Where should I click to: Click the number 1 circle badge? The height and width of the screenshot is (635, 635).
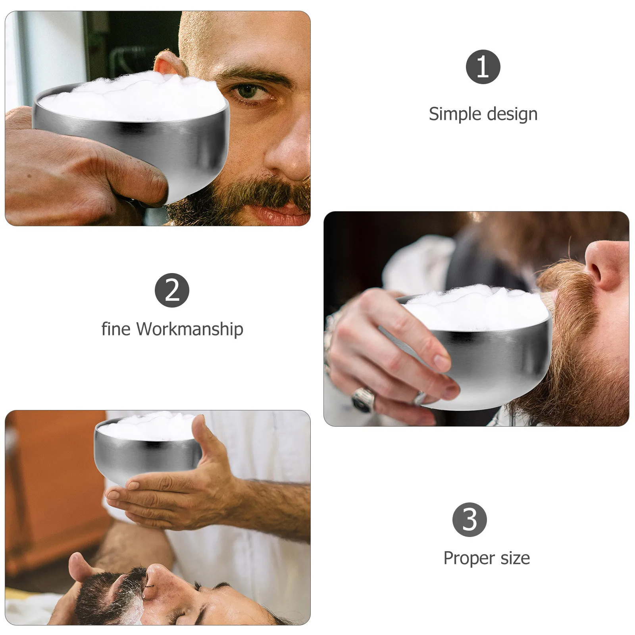coord(483,67)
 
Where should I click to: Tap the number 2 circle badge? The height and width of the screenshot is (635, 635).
coord(171,290)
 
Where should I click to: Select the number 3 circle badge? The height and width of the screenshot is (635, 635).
coord(470,520)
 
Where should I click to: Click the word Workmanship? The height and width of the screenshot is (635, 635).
coord(189,329)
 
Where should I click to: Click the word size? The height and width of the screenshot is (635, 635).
coord(515,558)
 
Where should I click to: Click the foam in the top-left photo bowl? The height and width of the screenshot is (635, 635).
coord(131,97)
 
